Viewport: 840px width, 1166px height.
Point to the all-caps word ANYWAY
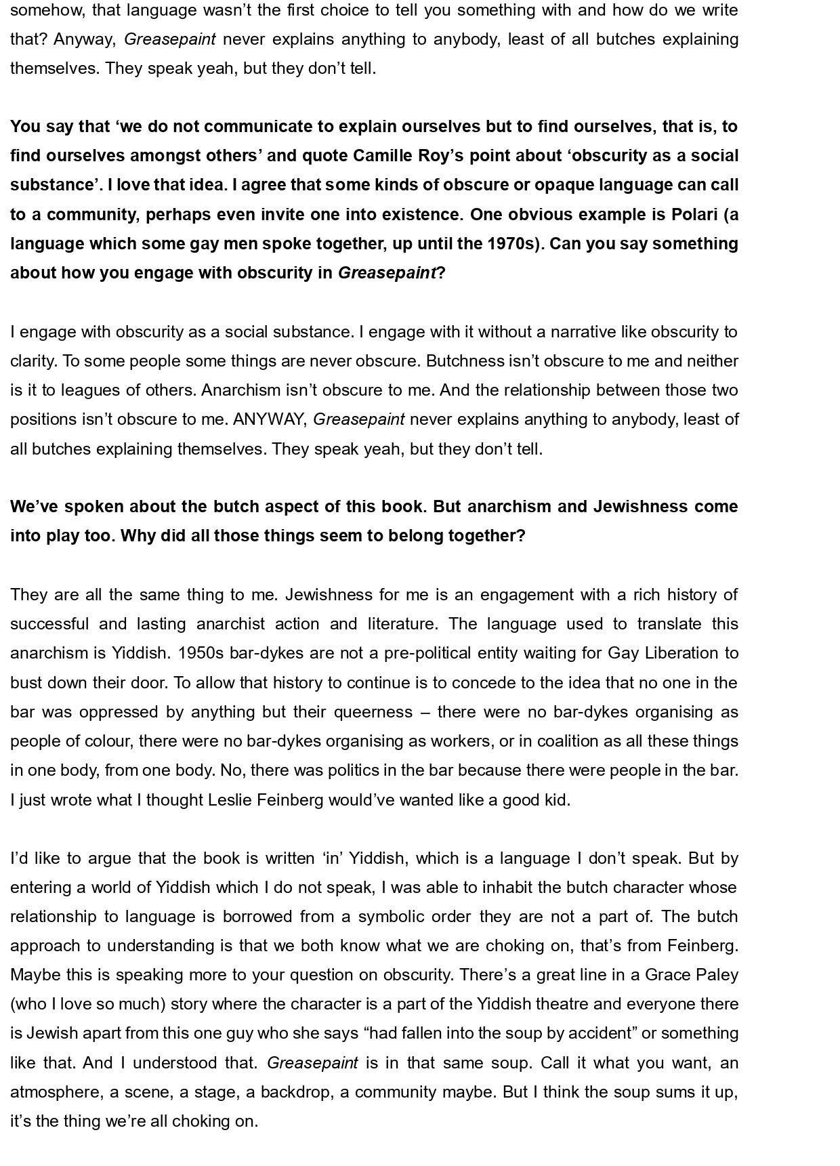270,419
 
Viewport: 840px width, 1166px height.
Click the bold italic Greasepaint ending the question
387,273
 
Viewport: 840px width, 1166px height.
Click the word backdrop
301,1092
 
